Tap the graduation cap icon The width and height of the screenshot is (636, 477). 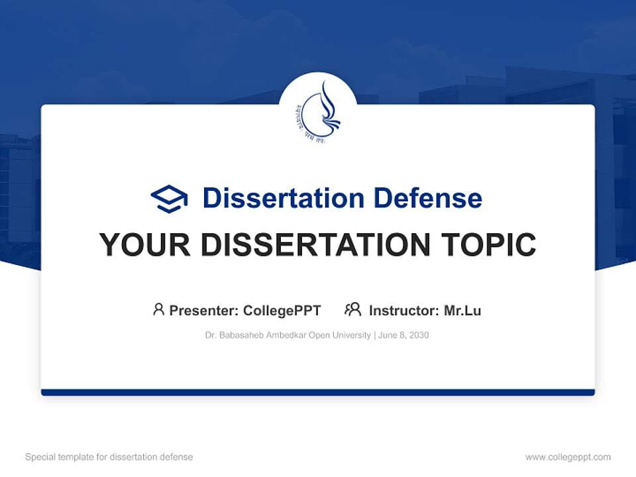pyautogui.click(x=169, y=198)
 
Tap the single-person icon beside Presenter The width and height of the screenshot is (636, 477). pyautogui.click(x=158, y=309)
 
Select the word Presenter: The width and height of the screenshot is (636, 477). pyautogui.click(x=203, y=310)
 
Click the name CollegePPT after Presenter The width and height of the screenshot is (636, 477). pyautogui.click(x=282, y=310)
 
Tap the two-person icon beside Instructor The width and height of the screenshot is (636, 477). pyautogui.click(x=352, y=309)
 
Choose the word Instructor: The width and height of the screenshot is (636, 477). pyautogui.click(x=403, y=310)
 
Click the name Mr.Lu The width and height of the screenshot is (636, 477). pyautogui.click(x=462, y=310)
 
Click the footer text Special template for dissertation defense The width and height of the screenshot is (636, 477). pyautogui.click(x=109, y=457)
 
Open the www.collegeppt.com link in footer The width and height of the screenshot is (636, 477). pyautogui.click(x=568, y=457)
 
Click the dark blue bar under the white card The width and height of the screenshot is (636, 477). pyautogui.click(x=318, y=392)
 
